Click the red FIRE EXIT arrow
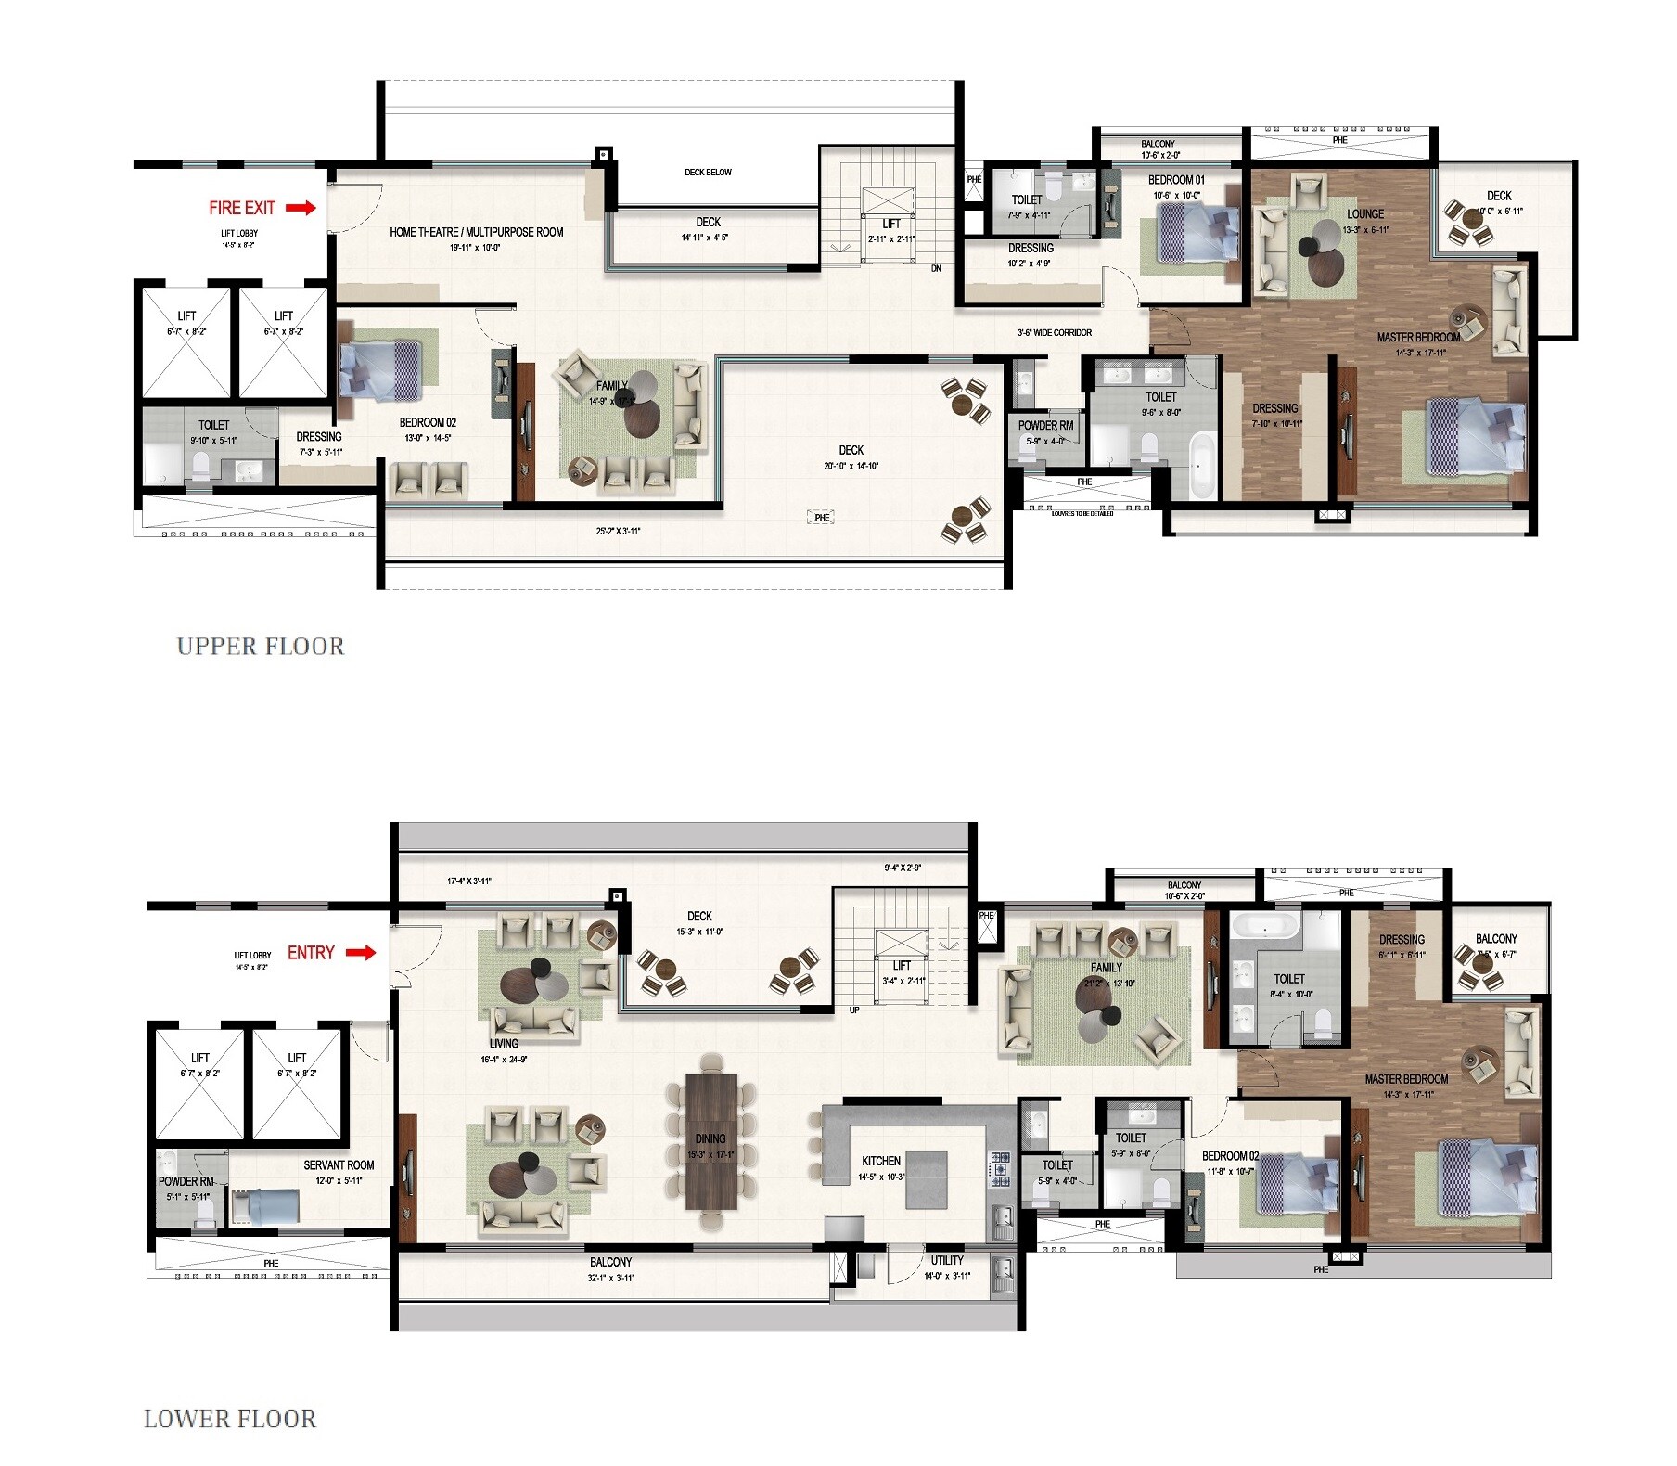[301, 208]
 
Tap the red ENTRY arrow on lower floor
[361, 952]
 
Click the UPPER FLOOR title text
[260, 647]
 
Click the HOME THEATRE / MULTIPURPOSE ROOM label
[476, 232]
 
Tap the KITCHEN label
[880, 1161]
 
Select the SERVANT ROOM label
[339, 1165]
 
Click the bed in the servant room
[265, 1207]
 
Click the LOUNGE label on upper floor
[1364, 214]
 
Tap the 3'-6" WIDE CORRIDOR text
[1054, 332]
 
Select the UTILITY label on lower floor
[947, 1260]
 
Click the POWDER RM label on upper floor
[1045, 426]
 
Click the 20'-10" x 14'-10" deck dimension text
[851, 466]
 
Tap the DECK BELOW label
[708, 173]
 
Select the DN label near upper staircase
[936, 268]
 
